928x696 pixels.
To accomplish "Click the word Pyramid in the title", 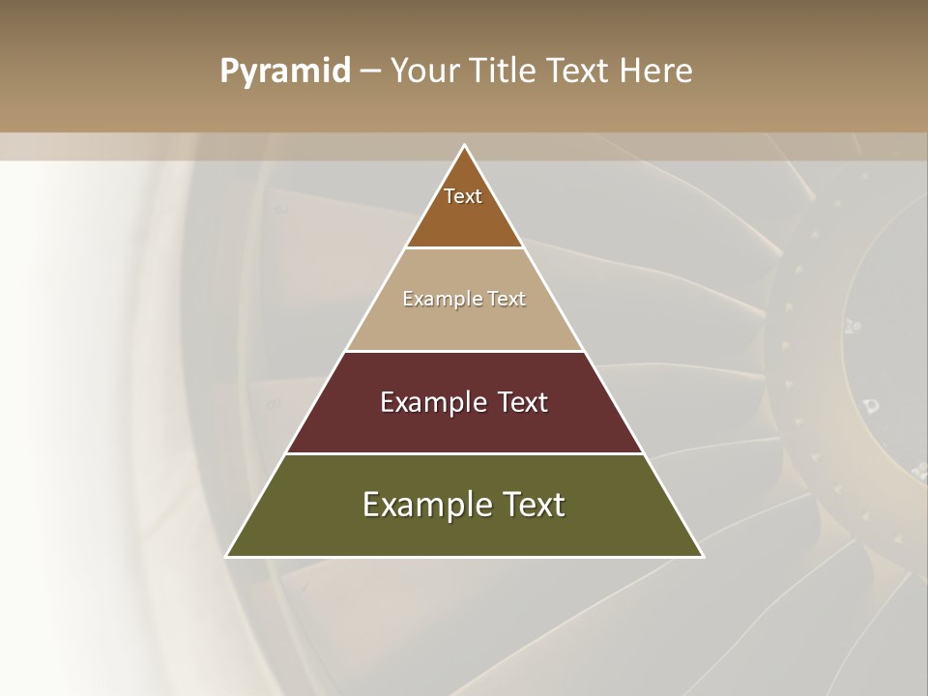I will tap(284, 72).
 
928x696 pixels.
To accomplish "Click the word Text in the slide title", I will tap(580, 71).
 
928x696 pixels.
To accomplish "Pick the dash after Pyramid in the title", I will tap(370, 72).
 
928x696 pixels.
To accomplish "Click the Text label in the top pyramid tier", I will tap(463, 196).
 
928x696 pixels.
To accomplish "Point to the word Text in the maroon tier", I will tap(523, 402).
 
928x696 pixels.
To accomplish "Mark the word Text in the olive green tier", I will tap(533, 505).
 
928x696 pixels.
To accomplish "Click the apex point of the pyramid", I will tap(465, 146).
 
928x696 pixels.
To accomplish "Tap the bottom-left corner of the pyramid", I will tap(227, 556).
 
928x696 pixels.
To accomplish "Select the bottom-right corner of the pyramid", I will tap(702, 556).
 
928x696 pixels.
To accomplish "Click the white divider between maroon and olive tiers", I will tap(465, 453).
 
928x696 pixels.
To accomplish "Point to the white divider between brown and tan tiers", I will tap(465, 248).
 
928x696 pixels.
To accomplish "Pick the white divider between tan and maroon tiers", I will tap(465, 351).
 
